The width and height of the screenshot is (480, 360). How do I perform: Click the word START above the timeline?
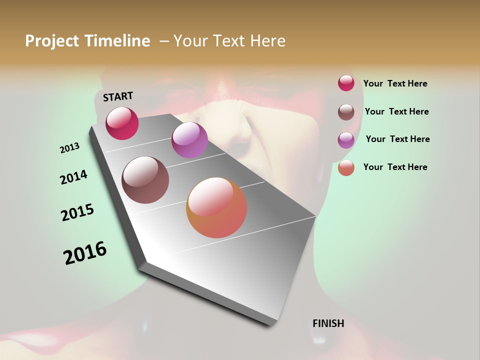click(x=118, y=96)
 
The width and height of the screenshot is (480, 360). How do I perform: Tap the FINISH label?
click(x=328, y=323)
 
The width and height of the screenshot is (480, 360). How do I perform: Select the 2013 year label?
click(x=69, y=148)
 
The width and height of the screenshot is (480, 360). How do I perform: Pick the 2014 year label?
click(x=73, y=177)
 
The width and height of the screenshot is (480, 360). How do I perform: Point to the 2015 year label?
click(x=77, y=212)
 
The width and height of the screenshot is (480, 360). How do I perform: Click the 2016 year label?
click(x=85, y=253)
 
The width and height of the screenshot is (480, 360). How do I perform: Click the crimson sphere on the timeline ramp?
click(x=122, y=123)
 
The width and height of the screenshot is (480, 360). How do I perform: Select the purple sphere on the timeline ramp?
click(x=189, y=140)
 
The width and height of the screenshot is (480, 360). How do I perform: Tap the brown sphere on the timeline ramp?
click(x=145, y=180)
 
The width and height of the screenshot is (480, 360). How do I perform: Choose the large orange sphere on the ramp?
click(x=216, y=207)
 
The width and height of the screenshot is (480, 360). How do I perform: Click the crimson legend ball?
click(x=346, y=83)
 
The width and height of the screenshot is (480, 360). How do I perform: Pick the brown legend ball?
click(x=346, y=112)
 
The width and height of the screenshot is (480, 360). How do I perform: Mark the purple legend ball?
click(x=346, y=140)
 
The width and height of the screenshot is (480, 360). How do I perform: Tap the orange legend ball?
click(x=346, y=167)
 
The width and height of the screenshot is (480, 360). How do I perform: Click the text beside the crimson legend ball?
click(x=395, y=84)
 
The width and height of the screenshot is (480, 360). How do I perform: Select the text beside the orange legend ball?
click(x=395, y=167)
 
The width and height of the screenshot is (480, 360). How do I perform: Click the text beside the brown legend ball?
click(x=396, y=111)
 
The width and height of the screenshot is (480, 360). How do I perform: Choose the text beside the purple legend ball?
click(x=397, y=139)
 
